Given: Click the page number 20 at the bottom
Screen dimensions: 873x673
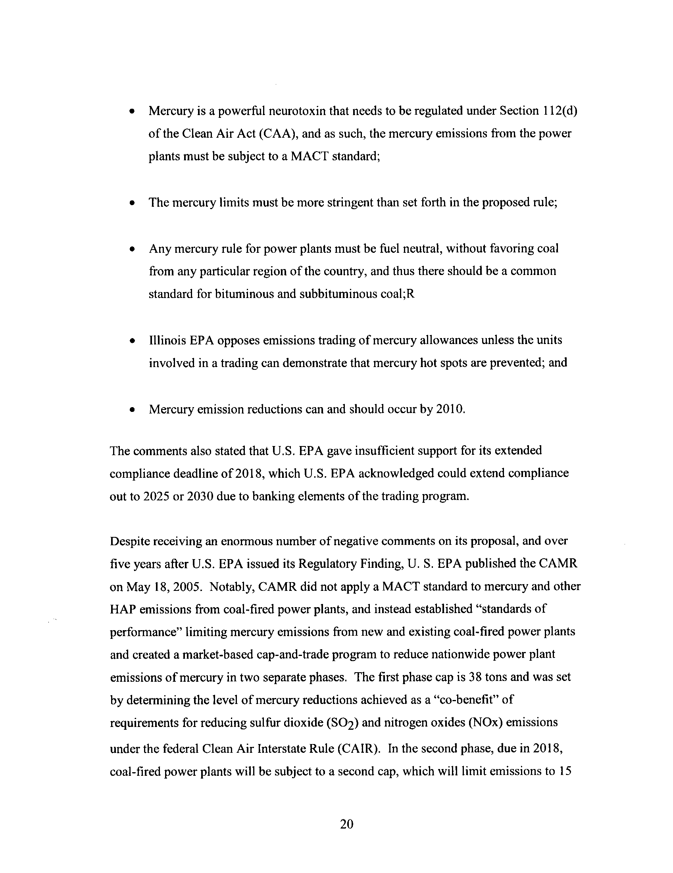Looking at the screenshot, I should click(346, 824).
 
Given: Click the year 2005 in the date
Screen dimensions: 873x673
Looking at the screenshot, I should click(191, 586).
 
